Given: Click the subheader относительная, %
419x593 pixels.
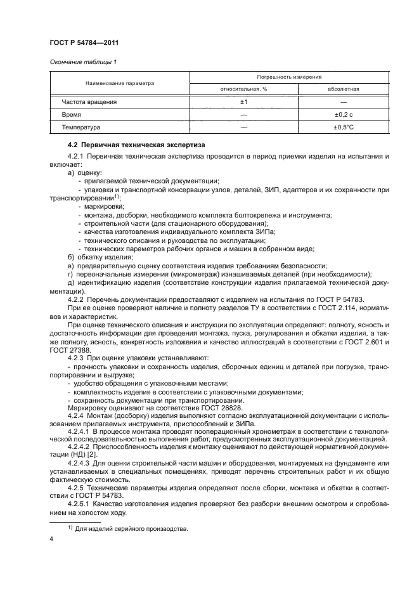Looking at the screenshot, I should pos(244,89).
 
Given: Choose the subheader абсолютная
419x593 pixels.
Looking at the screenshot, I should pos(343,89).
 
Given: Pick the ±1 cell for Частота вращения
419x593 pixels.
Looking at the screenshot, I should pos(244,101).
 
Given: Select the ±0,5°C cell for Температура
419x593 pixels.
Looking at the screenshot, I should pos(343,127).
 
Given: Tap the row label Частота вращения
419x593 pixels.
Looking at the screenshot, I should pos(89,101).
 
